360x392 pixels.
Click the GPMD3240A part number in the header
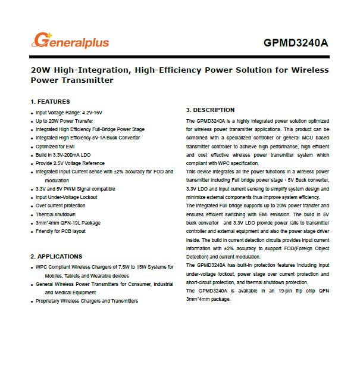coord(296,43)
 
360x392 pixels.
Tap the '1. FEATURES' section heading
coord(50,102)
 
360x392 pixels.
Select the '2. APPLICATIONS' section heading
coord(57,256)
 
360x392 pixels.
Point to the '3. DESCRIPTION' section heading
coord(210,110)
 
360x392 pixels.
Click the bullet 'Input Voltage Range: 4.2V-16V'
coord(70,112)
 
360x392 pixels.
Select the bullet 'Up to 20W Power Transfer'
coord(64,120)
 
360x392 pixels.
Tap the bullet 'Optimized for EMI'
coord(56,146)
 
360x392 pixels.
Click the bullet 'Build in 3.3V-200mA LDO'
coord(63,154)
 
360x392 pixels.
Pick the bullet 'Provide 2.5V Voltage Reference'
coord(70,163)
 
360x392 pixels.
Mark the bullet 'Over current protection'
coord(60,206)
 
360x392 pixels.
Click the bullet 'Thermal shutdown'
coord(55,214)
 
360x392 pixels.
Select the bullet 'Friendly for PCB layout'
coord(61,231)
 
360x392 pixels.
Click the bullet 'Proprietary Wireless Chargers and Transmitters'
coord(87,301)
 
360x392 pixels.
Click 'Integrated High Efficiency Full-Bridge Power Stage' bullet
coord(90,129)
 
